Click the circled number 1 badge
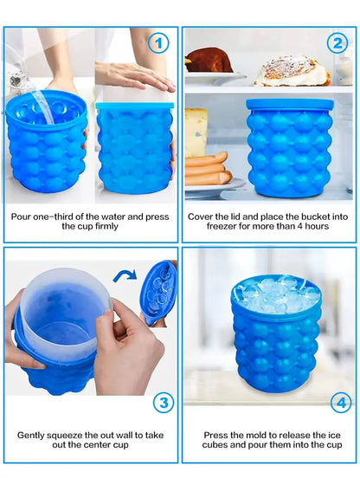[x=157, y=42]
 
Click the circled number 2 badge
[x=337, y=42]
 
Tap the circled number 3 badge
[x=163, y=403]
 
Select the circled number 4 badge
[x=341, y=403]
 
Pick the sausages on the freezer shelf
[x=207, y=168]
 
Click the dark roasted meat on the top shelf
[x=209, y=61]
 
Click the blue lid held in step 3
[x=159, y=292]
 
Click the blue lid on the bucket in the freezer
[x=289, y=104]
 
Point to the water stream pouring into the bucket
[x=26, y=87]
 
